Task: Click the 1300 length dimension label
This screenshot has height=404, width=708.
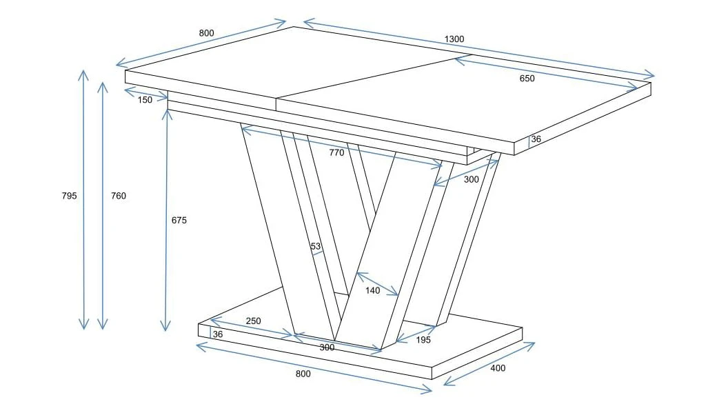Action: click(x=454, y=39)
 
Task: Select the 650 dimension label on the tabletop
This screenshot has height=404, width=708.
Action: click(x=527, y=79)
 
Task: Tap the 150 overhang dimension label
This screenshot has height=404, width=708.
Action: click(x=145, y=100)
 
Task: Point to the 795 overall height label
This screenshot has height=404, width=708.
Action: click(x=70, y=196)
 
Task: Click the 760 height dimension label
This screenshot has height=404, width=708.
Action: click(x=119, y=196)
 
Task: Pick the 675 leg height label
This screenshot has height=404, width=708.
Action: click(x=179, y=221)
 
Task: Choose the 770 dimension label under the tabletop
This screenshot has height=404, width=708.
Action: click(x=336, y=152)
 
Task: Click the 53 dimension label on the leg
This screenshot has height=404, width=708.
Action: click(x=316, y=246)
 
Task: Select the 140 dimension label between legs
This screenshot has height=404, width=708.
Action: click(x=372, y=291)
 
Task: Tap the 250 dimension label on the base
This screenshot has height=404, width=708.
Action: click(x=253, y=321)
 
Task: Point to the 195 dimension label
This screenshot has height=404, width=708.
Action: click(x=423, y=340)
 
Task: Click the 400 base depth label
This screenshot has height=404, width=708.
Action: click(x=498, y=368)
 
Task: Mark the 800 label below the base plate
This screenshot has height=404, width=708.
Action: click(x=303, y=374)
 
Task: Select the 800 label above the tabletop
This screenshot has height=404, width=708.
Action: click(x=206, y=33)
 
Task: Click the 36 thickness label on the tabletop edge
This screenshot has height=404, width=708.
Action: click(x=536, y=139)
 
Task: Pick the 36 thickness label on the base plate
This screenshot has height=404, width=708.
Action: click(x=218, y=334)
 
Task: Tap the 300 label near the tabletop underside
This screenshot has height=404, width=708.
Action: click(x=471, y=180)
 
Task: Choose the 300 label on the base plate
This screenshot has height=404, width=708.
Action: click(x=327, y=347)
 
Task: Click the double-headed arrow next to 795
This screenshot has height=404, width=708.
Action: click(x=83, y=199)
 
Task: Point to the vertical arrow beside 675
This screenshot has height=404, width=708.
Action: click(x=166, y=221)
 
